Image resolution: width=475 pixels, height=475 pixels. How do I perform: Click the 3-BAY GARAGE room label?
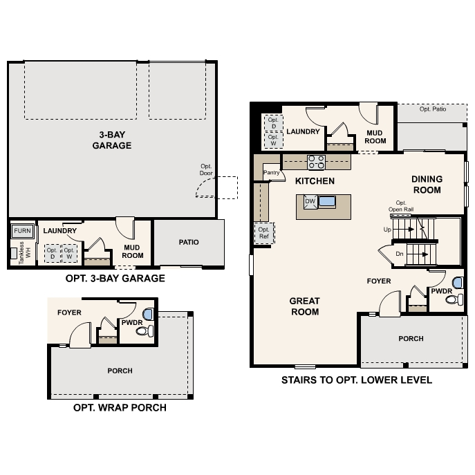tap(111, 140)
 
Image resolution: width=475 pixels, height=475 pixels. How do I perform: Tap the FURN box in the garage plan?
tap(22, 230)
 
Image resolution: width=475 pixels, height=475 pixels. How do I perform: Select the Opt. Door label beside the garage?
tap(206, 169)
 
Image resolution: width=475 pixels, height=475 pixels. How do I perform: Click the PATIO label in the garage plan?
tap(188, 243)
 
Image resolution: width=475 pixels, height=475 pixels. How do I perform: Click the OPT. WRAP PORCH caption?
tap(120, 408)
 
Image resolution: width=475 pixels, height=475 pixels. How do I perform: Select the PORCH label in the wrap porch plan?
tap(120, 371)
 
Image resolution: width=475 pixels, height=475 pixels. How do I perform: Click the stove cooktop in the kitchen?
tap(316, 162)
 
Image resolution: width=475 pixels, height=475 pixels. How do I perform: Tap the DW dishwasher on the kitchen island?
tap(310, 202)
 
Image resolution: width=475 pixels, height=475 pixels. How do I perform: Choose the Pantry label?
tap(271, 173)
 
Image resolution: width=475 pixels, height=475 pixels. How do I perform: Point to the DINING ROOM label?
tap(427, 184)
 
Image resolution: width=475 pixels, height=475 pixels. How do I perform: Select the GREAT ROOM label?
tap(304, 306)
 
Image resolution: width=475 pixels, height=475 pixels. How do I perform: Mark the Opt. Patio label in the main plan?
tap(434, 109)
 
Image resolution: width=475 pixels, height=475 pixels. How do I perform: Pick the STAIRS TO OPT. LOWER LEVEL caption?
tap(356, 380)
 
